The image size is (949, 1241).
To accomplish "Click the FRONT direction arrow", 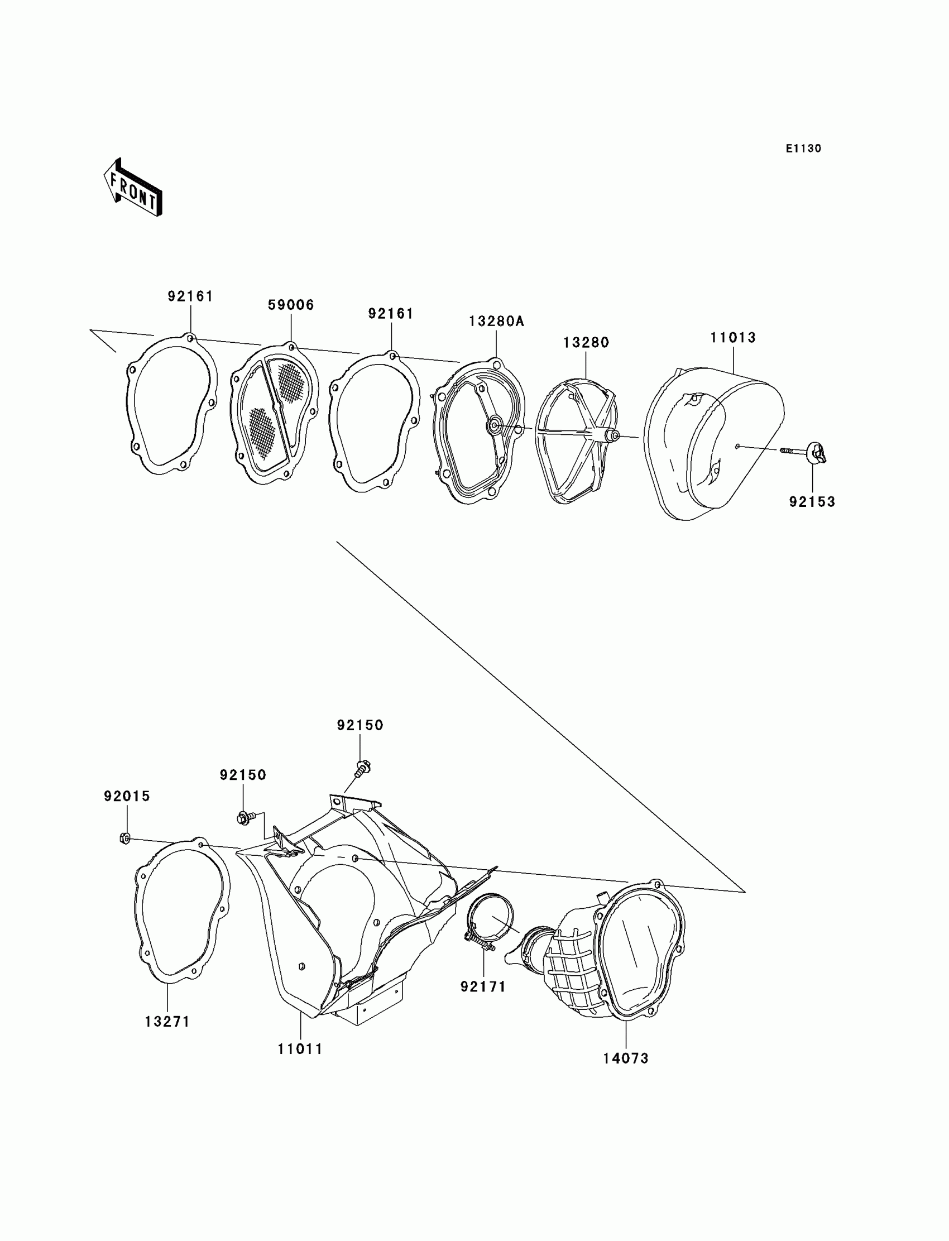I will [x=133, y=188].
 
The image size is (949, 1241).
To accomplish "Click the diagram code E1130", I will [x=803, y=148].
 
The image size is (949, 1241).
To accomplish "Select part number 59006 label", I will [x=290, y=305].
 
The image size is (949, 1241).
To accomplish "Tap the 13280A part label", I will [x=496, y=322].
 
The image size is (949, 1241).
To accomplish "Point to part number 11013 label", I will [x=732, y=338].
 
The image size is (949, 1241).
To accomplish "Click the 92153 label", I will [x=812, y=502].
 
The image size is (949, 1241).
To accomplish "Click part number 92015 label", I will [x=127, y=797].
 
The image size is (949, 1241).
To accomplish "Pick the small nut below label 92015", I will [x=126, y=838].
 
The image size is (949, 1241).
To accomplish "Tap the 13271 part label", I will [x=167, y=1022].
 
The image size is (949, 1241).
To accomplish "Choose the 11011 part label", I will [x=300, y=1050].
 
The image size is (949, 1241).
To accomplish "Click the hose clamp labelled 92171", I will [x=490, y=922].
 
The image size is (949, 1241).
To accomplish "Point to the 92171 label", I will [x=483, y=987].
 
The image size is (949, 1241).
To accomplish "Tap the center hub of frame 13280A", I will [x=494, y=424].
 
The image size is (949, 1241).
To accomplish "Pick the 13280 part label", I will [x=586, y=343].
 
